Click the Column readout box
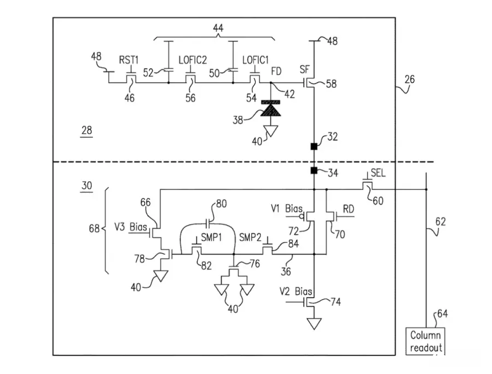tap(425, 341)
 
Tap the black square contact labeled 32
tap(314, 146)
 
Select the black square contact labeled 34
tap(314, 171)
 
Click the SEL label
tap(378, 173)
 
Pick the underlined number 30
tap(86, 186)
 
